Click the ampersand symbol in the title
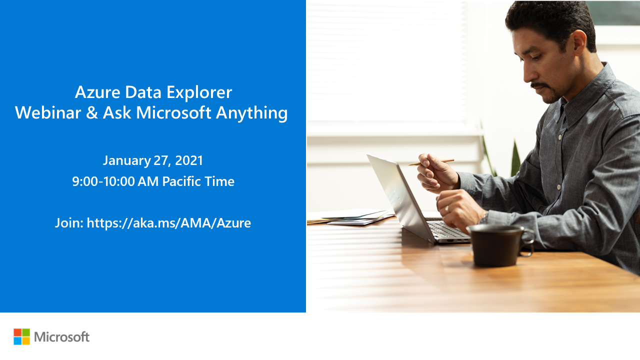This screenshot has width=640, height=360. pyautogui.click(x=91, y=113)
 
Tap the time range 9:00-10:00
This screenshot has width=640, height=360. pyautogui.click(x=103, y=181)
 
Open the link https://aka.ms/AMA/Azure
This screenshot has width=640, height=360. pyautogui.click(x=169, y=223)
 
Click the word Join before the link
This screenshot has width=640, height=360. pyautogui.click(x=69, y=223)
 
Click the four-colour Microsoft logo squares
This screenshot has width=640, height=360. pyautogui.click(x=21, y=336)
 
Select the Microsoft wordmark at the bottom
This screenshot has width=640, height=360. pyautogui.click(x=61, y=337)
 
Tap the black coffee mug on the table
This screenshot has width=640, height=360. pyautogui.click(x=498, y=244)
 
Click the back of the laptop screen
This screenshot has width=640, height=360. pyautogui.click(x=397, y=195)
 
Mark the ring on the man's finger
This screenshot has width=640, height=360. pyautogui.click(x=447, y=208)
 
